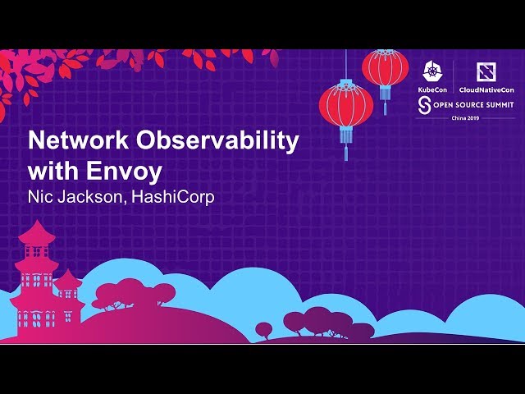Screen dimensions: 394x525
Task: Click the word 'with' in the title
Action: [x=52, y=172]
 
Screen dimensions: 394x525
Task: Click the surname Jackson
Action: [x=92, y=198]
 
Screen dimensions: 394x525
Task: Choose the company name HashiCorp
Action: [x=171, y=198]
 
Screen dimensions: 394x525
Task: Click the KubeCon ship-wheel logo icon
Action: [x=433, y=71]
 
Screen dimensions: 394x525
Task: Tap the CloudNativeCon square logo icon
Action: [x=486, y=71]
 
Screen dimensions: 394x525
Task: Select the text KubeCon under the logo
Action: [x=433, y=89]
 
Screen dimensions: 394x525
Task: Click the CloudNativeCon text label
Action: [x=486, y=89]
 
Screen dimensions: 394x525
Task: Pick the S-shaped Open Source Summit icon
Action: [x=424, y=104]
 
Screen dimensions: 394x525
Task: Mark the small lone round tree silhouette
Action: [x=263, y=329]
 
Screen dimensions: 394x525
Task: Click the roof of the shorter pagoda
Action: [x=68, y=277]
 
